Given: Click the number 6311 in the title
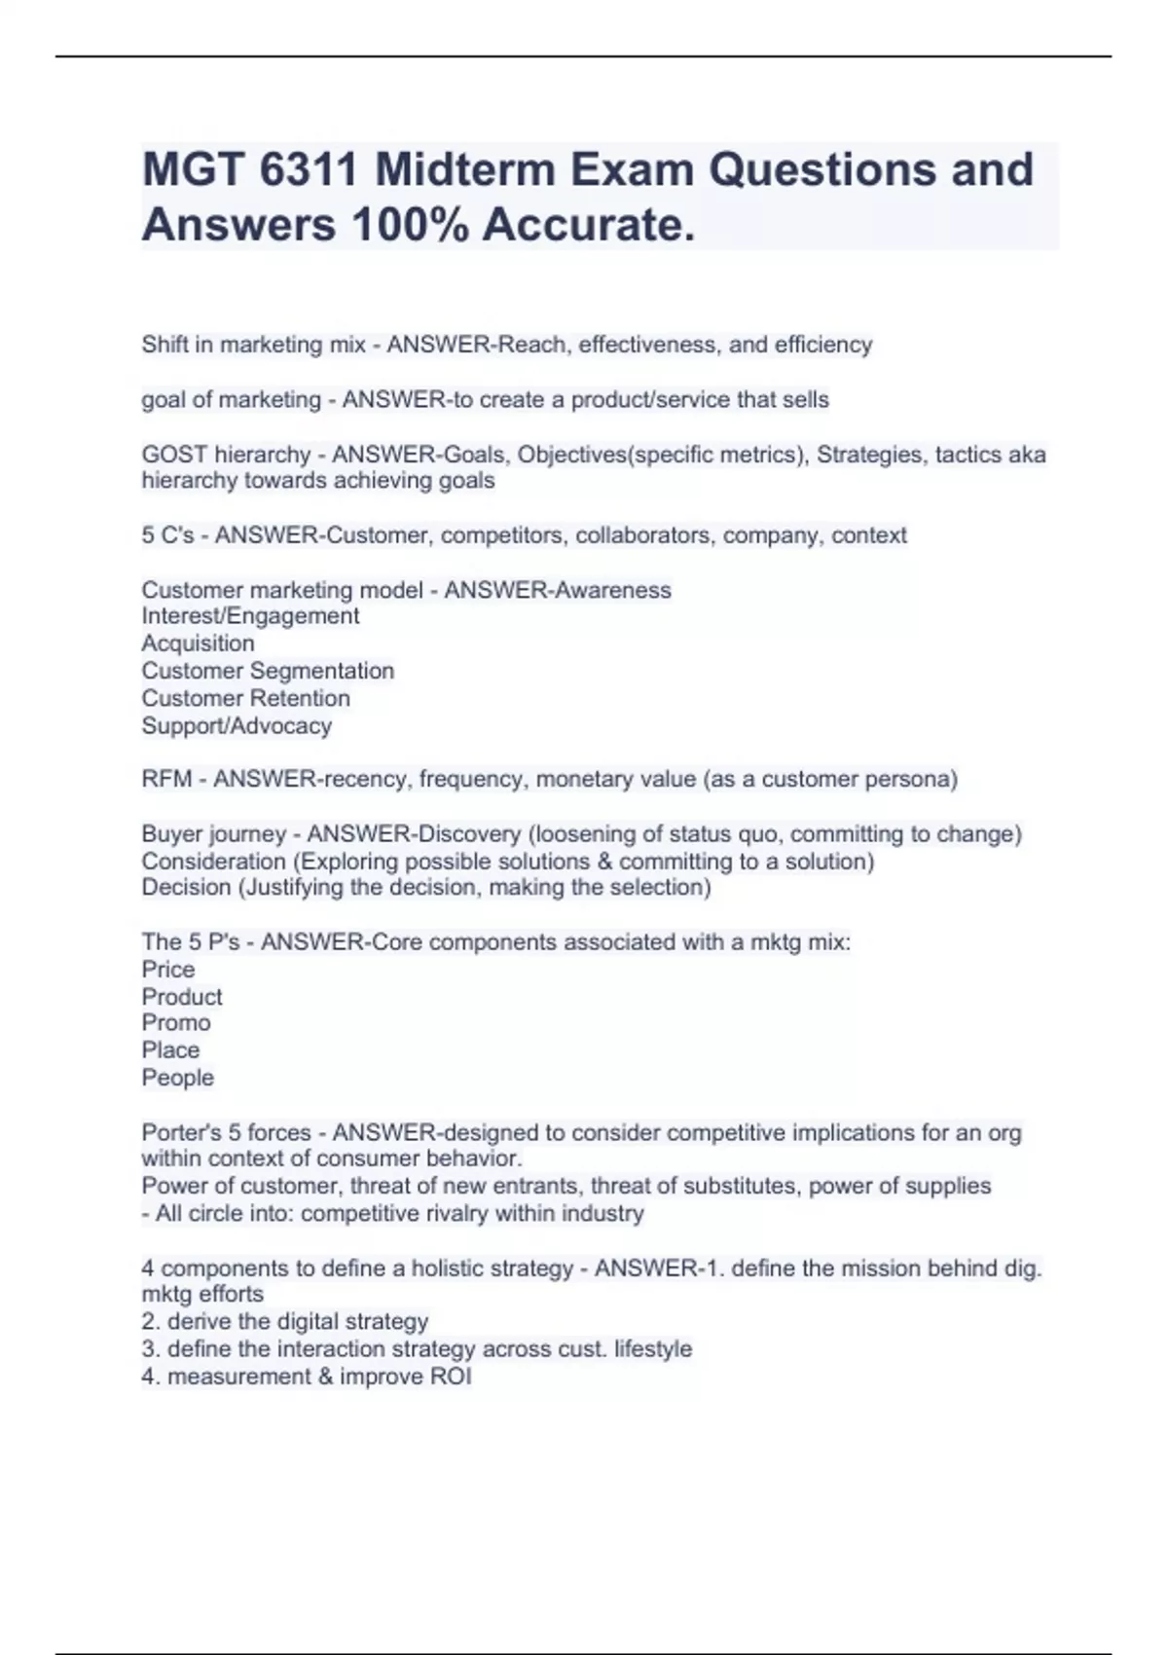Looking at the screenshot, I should point(309,170).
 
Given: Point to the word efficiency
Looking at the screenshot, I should point(823,345).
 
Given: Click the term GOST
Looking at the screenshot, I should point(174,455).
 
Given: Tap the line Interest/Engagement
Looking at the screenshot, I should point(250,616).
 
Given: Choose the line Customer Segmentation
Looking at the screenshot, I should point(268,671).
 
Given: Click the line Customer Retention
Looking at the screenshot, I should point(245,698).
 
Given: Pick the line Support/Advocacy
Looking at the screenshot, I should point(237,726).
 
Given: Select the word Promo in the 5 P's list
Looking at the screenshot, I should point(176,1023).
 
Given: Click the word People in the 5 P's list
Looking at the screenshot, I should point(177,1078).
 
